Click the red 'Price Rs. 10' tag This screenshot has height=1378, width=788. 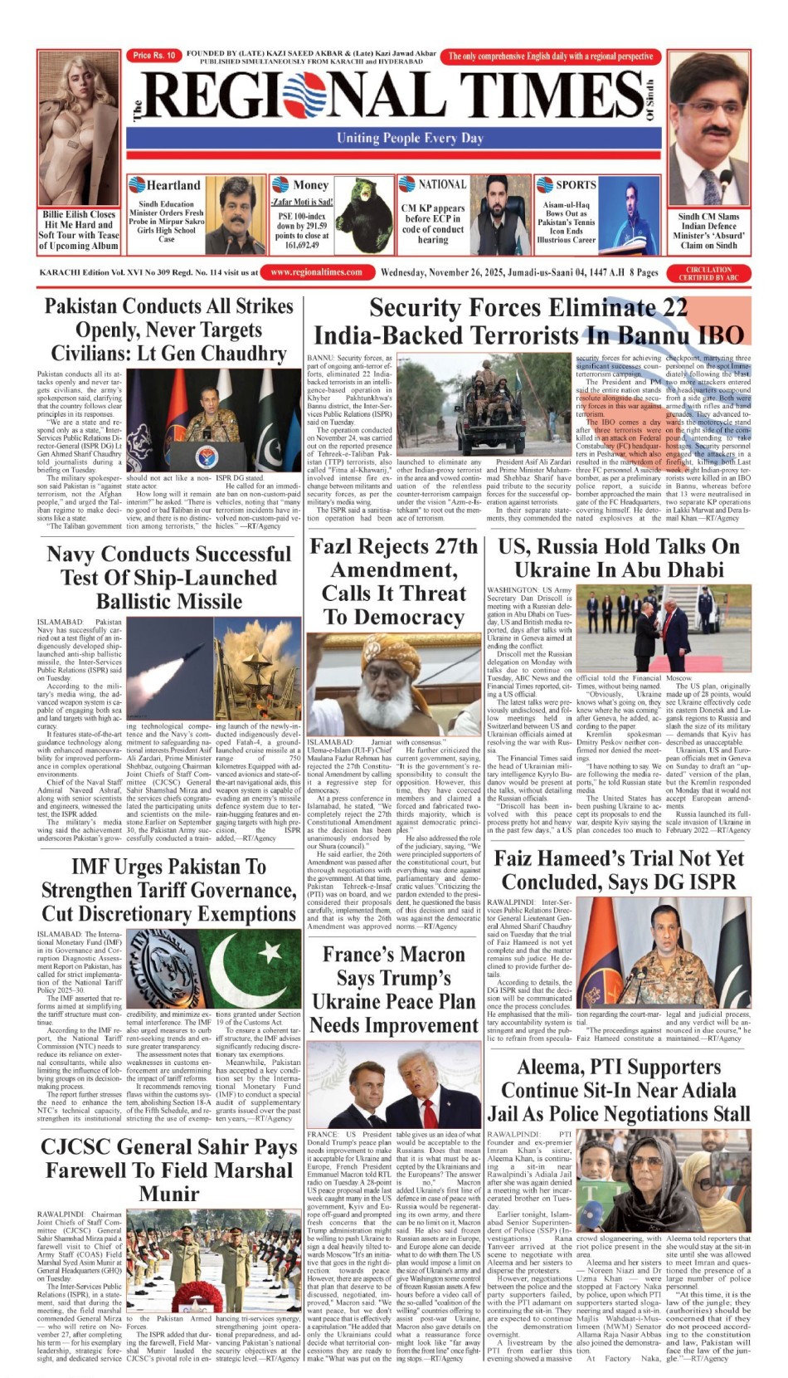[x=154, y=56]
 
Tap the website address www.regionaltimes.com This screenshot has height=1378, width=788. [x=316, y=271]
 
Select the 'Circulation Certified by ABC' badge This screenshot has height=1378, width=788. [x=709, y=273]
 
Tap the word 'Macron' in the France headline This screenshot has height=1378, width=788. [x=434, y=955]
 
